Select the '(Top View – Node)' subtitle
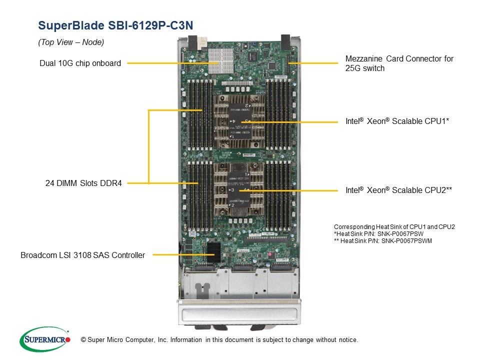click(71, 42)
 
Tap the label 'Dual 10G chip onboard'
click(80, 63)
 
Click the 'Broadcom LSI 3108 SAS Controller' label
click(82, 255)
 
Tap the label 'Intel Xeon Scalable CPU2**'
click(398, 190)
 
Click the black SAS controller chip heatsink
click(212, 251)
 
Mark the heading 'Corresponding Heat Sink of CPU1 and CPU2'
click(394, 226)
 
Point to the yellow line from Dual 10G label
click(170, 63)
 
